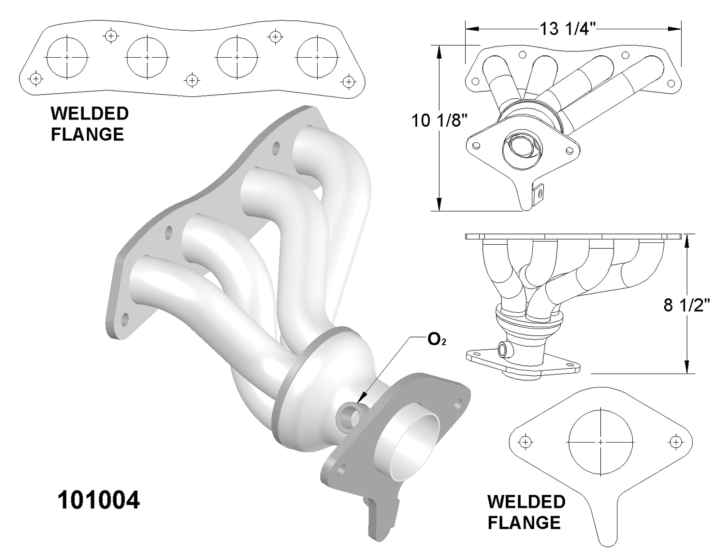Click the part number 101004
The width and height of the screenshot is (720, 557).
(99, 500)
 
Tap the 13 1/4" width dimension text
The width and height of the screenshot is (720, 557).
(567, 29)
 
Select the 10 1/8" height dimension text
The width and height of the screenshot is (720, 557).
(439, 120)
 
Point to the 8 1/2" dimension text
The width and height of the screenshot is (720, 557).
(686, 305)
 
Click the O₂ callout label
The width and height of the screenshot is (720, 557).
(436, 339)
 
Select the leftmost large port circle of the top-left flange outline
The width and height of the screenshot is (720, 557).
(67, 57)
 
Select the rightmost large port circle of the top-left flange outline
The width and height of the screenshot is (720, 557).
(317, 57)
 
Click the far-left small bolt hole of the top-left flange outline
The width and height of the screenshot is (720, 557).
(36, 78)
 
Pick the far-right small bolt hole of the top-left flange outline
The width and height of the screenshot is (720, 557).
(348, 82)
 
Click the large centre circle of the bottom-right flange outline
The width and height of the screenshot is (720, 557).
(601, 442)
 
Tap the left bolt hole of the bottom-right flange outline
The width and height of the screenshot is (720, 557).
(525, 442)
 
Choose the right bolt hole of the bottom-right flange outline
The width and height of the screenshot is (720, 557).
(676, 442)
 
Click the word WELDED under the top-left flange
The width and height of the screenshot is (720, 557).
(90, 114)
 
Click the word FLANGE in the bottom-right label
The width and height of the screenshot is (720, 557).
(524, 523)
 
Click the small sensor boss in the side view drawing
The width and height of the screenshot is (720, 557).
(504, 349)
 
